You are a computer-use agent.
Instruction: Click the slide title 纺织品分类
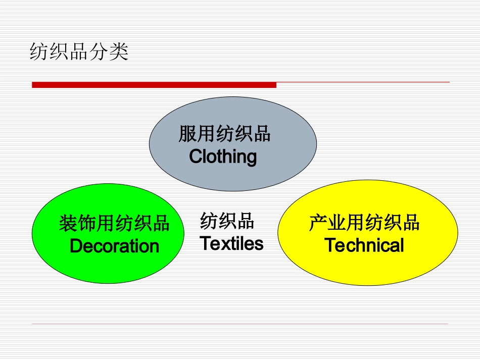79,52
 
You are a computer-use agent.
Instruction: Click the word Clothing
223,157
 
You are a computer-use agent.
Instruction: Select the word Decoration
114,246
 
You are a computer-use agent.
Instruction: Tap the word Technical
364,245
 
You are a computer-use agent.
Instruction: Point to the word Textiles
231,244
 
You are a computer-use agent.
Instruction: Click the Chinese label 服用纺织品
224,134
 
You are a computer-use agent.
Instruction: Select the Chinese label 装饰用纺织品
114,223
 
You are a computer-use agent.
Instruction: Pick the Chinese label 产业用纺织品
364,223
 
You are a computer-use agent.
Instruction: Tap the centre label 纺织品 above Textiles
227,221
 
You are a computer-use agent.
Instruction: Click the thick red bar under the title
154,85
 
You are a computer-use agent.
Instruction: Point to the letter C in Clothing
196,157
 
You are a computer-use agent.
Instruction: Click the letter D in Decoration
76,246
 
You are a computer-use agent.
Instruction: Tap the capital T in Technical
330,245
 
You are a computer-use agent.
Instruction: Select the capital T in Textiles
205,244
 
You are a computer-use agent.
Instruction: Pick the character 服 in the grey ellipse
187,134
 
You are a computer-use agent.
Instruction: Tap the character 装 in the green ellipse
68,223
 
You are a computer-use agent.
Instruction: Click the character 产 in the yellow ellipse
317,223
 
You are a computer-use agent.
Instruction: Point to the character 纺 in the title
39,52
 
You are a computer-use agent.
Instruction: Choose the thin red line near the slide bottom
240,324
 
